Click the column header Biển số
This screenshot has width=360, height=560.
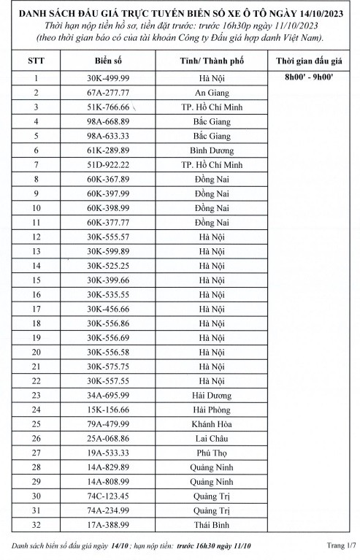point(107,59)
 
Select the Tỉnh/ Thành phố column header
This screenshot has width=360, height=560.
point(213,59)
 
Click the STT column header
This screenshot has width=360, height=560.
point(36,59)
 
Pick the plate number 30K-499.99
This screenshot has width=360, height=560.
point(107,77)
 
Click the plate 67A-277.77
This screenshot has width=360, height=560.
point(107,93)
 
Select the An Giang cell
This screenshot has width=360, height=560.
point(212,93)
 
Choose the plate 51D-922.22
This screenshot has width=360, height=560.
point(107,165)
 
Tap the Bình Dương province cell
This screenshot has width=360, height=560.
point(212,150)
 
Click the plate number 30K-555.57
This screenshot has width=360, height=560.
point(107,237)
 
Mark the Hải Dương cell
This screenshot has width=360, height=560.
point(212,395)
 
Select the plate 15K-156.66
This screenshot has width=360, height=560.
point(107,410)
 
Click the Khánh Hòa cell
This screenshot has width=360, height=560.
point(212,424)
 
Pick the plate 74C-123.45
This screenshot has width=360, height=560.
point(107,496)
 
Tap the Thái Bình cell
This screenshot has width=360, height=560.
point(212,525)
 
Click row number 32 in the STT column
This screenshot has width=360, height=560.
point(36,525)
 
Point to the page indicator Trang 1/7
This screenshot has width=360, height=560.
point(340,545)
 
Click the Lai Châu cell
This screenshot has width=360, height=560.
point(212,439)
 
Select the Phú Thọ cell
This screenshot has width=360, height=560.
point(212,453)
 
